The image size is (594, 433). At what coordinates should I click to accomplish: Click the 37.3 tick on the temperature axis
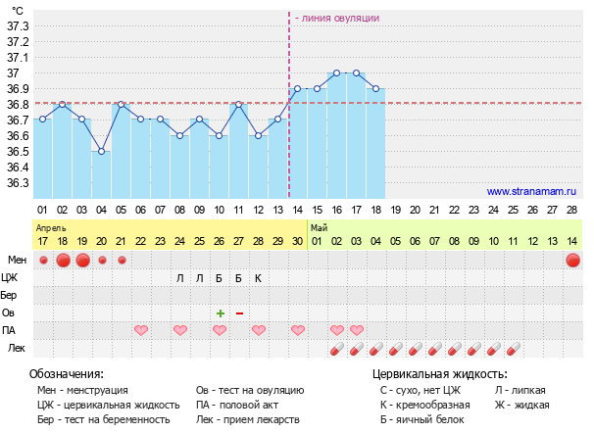[x=18, y=25]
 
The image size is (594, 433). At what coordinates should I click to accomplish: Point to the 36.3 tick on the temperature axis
[x=18, y=183]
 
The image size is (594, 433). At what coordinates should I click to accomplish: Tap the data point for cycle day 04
[x=101, y=151]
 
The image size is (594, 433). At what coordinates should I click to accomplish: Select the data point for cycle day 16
[x=336, y=72]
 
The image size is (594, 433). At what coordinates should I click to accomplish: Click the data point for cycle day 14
[x=297, y=88]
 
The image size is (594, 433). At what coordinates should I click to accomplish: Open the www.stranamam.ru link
[x=531, y=192]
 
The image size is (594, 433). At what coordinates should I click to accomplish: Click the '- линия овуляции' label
[x=336, y=18]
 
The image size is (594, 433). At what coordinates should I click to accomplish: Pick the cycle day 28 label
[x=571, y=211]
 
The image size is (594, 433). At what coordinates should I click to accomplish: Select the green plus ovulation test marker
[x=220, y=313]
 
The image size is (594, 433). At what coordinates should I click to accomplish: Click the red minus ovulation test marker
[x=239, y=313]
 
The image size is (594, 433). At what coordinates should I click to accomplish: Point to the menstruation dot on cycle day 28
[x=572, y=260]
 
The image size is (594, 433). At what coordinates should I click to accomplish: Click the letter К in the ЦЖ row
[x=258, y=278]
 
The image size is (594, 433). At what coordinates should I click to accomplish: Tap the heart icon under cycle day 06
[x=140, y=330]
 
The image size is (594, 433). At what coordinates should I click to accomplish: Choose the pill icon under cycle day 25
[x=494, y=348]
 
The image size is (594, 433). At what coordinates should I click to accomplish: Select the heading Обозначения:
[x=67, y=374]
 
